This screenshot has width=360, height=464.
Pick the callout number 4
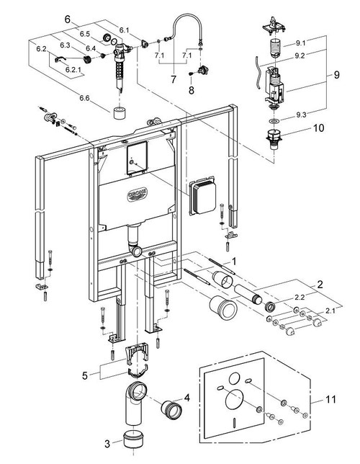click(x=186, y=396)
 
